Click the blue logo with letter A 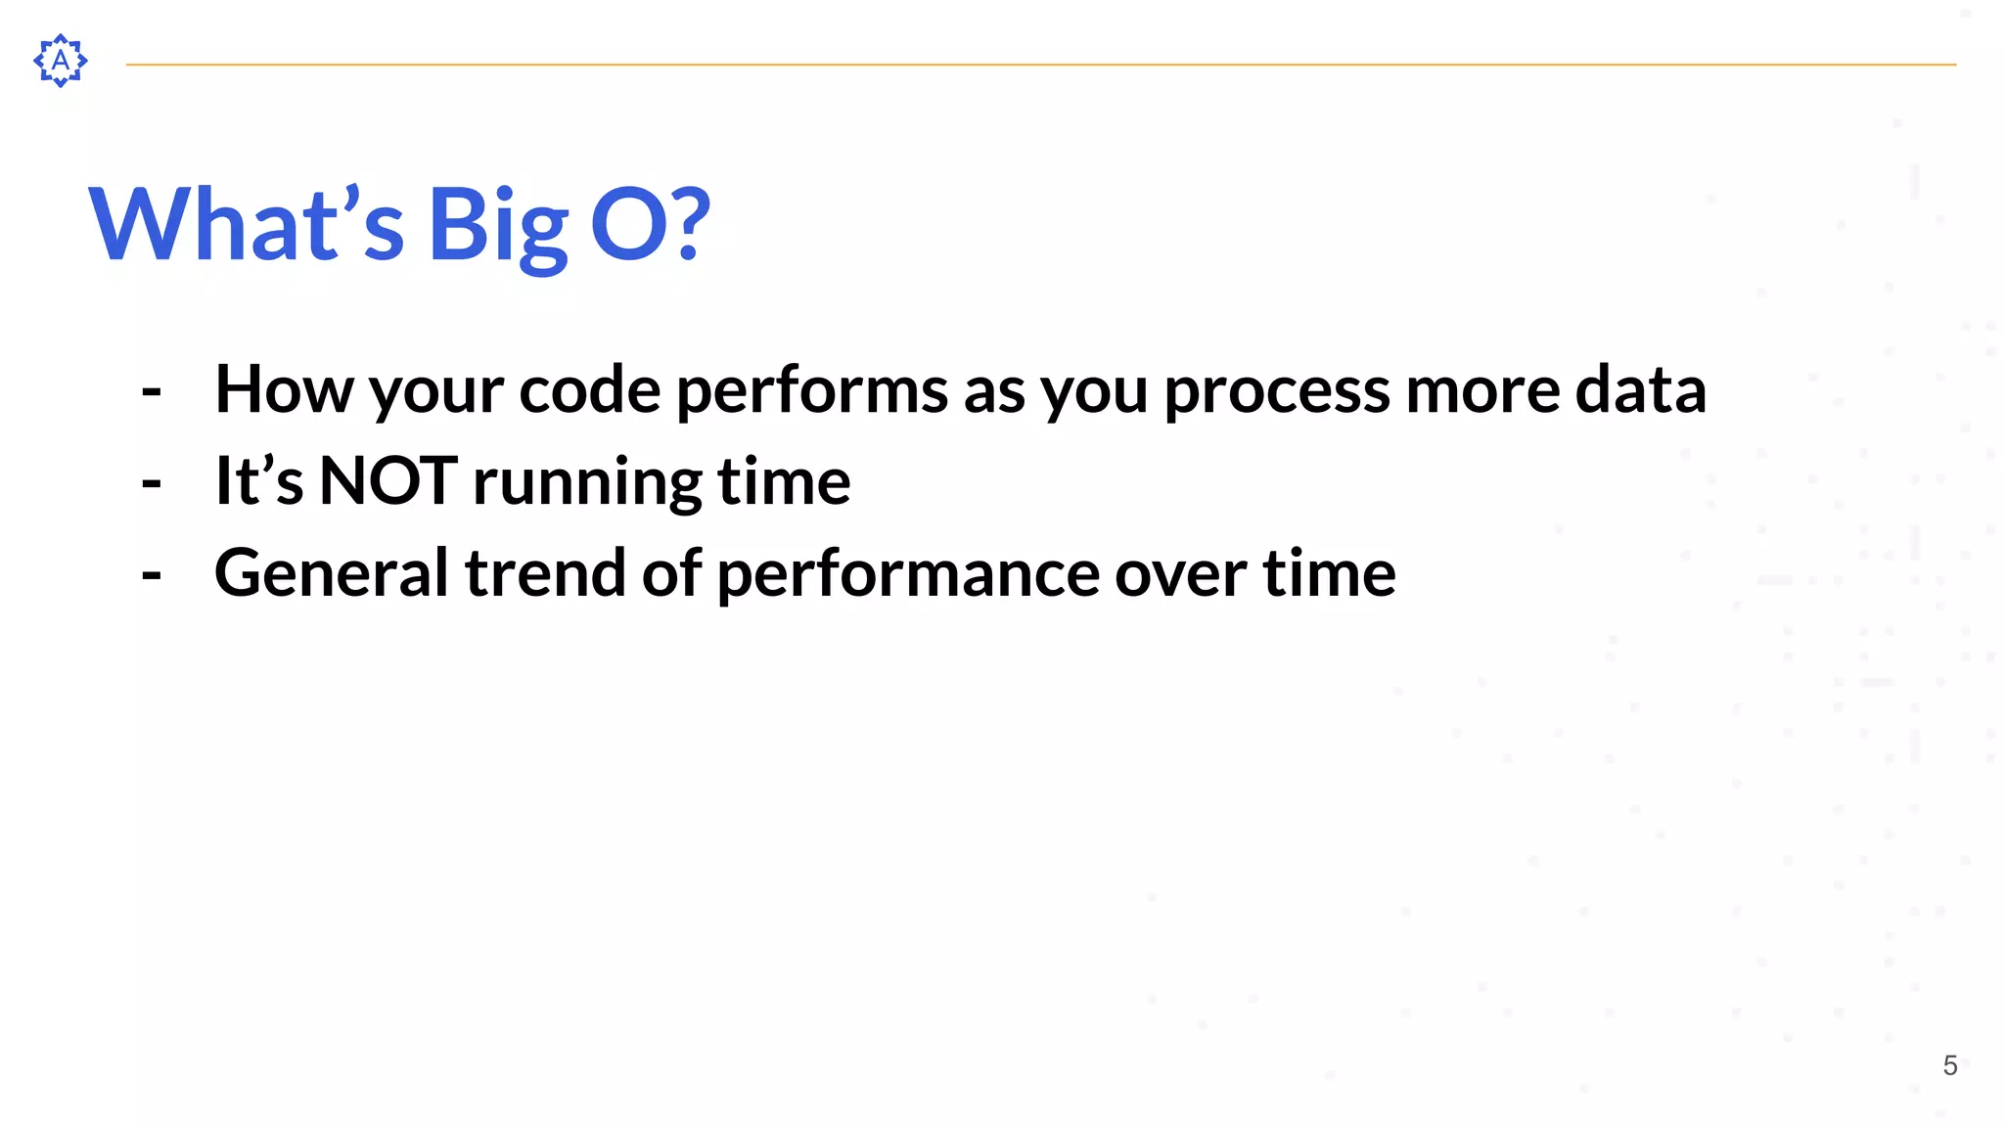tap(61, 61)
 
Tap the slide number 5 tap(1949, 1065)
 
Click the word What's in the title tap(246, 225)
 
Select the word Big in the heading tap(497, 227)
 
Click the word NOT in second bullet tap(388, 481)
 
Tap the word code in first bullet tap(589, 389)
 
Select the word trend tap(544, 573)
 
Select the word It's tap(259, 481)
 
